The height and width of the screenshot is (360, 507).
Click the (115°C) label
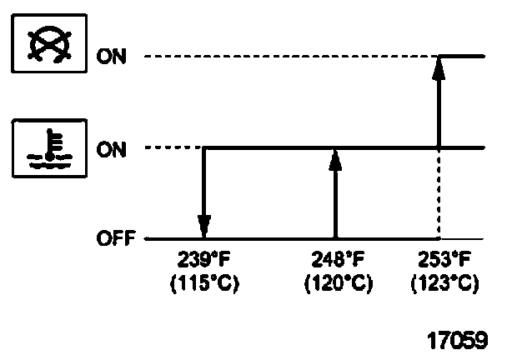204,282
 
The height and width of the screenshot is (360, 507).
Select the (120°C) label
336,282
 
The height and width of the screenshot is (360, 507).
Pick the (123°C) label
444,282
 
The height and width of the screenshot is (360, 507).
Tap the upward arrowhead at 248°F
335,161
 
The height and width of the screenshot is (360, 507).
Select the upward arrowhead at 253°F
439,67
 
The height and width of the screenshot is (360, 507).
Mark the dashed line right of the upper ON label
284,57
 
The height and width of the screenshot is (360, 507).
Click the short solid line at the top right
463,57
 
